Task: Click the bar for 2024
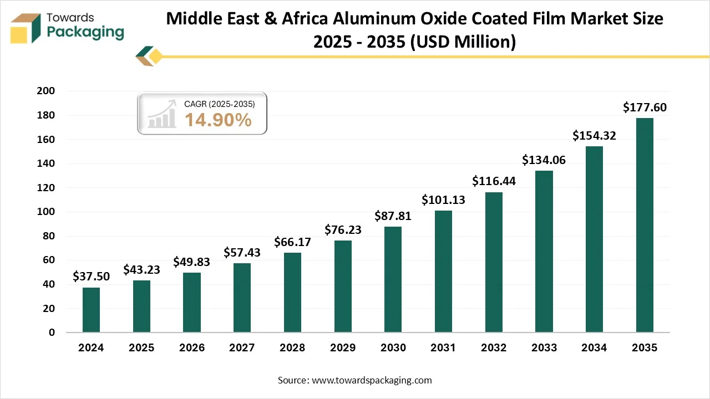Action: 91,310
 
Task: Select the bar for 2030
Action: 393,279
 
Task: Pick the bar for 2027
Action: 242,298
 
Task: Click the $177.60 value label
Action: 645,107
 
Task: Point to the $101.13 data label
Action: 443,199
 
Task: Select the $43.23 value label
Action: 141,269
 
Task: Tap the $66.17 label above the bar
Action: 292,242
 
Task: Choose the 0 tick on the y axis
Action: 52,332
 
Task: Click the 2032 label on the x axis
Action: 494,348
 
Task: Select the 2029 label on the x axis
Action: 343,348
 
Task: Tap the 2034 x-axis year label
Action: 594,348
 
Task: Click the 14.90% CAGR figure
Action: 218,120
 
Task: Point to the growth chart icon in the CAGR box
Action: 161,114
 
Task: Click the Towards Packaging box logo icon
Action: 26,28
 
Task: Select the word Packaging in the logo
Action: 85,32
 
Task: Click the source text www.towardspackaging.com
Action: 372,380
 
